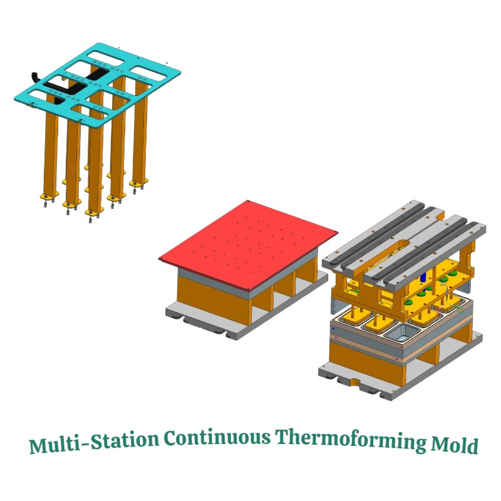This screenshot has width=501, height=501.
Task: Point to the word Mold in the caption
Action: point(455,444)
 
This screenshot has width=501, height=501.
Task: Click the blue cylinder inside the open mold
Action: point(423,276)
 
